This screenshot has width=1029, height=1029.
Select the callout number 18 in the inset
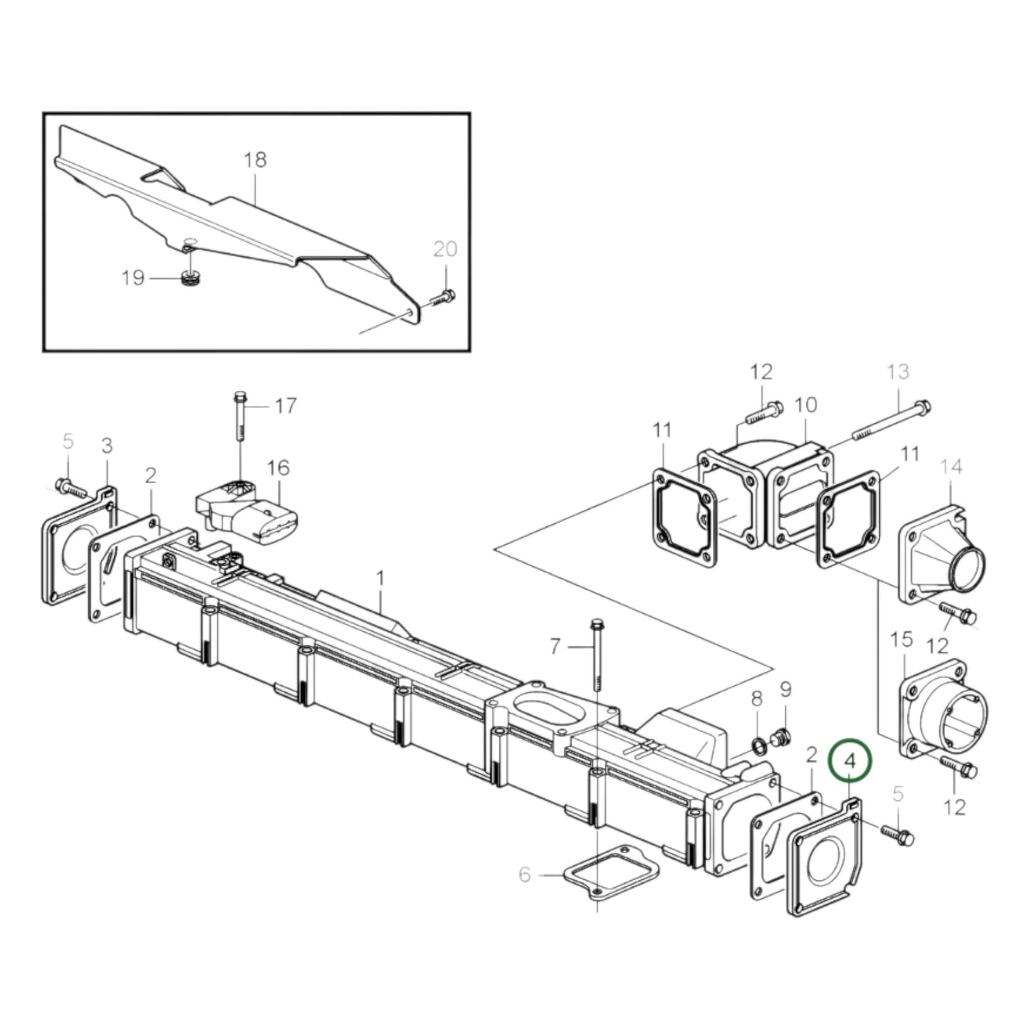coord(254,160)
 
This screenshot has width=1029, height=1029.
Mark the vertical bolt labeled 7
coord(597,655)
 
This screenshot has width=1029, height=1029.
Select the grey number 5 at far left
coord(68,442)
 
